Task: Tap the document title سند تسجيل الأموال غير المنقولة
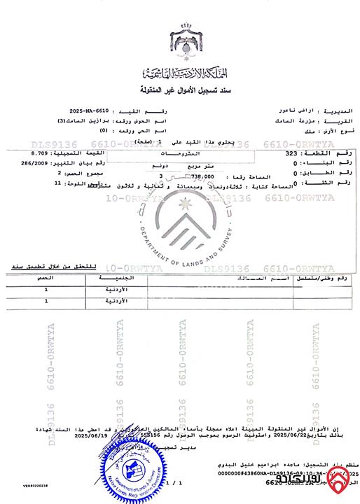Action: pos(180,91)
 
